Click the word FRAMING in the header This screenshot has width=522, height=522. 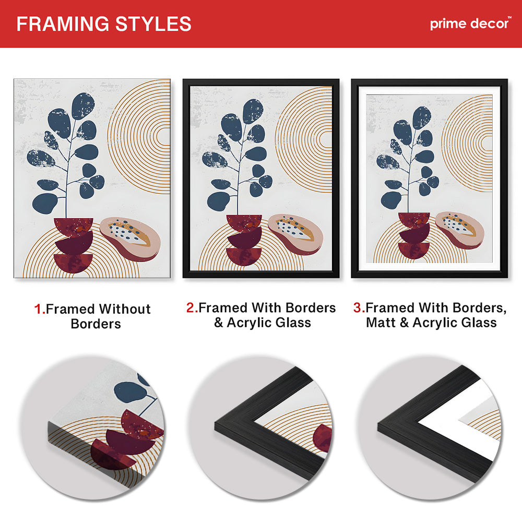63,24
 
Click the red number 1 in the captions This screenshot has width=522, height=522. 39,309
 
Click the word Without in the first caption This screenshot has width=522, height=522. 125,309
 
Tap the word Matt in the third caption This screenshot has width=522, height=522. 380,323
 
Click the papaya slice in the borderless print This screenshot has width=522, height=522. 130,239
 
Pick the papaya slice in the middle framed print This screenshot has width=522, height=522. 295,234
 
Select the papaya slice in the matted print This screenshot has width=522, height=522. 459,230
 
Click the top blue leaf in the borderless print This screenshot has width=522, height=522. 83,106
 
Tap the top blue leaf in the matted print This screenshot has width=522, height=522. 422,117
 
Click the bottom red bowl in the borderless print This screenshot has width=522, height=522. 73,263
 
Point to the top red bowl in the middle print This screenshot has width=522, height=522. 244,222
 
